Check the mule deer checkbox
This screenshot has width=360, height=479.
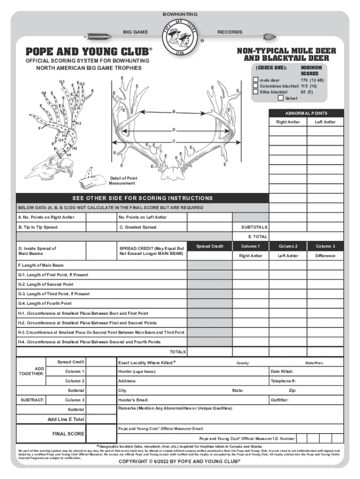(255, 80)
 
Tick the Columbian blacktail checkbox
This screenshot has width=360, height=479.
(255, 86)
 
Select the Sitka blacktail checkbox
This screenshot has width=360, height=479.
(255, 92)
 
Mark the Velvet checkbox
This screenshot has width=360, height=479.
(280, 98)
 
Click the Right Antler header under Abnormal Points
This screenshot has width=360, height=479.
(288, 122)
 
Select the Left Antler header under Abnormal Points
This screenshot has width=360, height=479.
(325, 122)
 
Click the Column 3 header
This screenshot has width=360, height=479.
(325, 246)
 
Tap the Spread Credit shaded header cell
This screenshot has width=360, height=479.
(209, 246)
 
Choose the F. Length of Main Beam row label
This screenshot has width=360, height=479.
(41, 265)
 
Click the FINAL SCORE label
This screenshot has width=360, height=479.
(68, 434)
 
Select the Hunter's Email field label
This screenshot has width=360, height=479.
(133, 400)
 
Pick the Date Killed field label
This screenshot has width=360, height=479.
(282, 371)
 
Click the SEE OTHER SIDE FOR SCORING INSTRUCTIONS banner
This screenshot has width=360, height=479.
(142, 198)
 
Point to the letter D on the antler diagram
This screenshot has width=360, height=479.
(173, 130)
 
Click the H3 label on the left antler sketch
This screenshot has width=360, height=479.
(79, 123)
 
